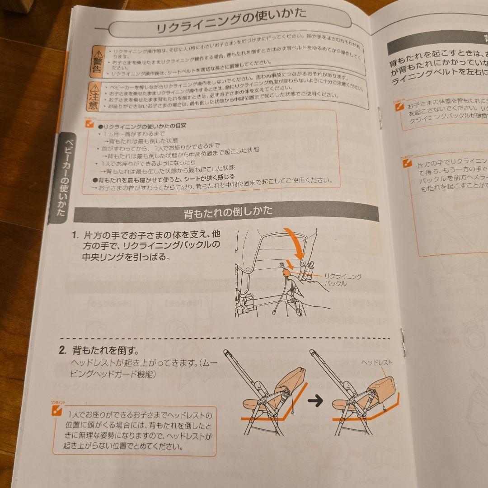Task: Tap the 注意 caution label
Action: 94,101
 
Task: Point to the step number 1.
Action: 75,235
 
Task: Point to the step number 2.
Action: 63,350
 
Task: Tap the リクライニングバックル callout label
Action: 343,280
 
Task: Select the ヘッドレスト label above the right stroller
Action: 377,362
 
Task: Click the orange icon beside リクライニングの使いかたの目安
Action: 90,122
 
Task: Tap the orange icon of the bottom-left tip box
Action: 56,410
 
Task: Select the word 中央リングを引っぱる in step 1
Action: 126,257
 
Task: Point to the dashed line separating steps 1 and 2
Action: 226,338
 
